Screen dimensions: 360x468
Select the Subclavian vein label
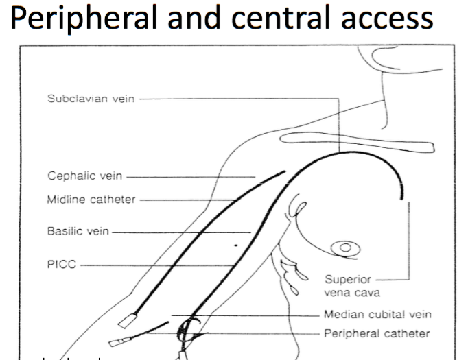pos(91,99)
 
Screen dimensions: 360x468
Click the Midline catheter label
pos(91,200)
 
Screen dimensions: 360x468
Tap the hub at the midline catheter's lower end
pos(127,320)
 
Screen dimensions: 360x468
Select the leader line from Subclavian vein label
pos(261,99)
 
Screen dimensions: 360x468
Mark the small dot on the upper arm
pos(236,244)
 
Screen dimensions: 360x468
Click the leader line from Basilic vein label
pos(178,232)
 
